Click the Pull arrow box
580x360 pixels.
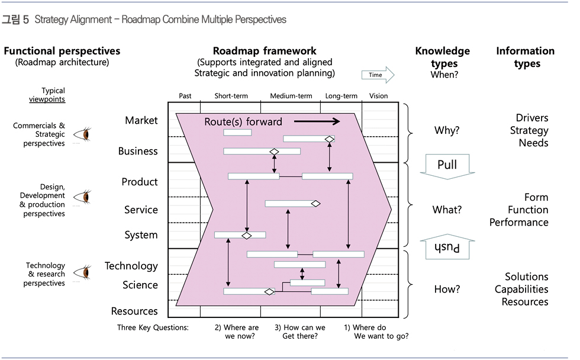[447, 166]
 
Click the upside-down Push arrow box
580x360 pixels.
[447, 247]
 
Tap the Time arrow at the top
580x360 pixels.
[378, 75]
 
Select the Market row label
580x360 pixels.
[141, 120]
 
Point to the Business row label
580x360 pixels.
[138, 151]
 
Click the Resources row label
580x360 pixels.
[134, 311]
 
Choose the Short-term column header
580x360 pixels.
[231, 96]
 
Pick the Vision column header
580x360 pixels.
[378, 96]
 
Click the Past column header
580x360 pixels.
[185, 96]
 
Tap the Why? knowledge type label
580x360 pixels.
[447, 131]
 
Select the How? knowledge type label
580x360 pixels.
[447, 290]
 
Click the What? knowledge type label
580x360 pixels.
[447, 210]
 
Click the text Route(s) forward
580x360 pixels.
[243, 122]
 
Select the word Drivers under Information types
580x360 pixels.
[532, 118]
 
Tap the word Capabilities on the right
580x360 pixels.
[521, 290]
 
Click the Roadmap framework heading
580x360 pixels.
[265, 51]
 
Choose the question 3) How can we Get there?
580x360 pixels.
[300, 332]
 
